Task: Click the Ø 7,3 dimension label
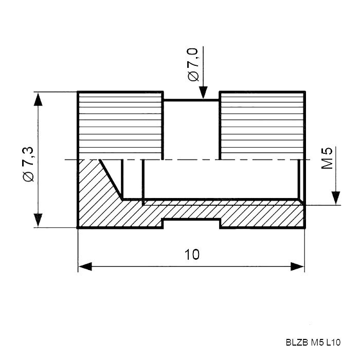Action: (x=29, y=164)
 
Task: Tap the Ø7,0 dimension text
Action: (x=193, y=64)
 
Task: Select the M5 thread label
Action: (x=327, y=158)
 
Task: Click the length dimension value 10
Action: (x=192, y=255)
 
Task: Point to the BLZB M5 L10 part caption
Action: (x=313, y=343)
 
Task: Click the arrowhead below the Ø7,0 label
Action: (x=203, y=92)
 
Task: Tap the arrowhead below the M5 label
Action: (x=336, y=198)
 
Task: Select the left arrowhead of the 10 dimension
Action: (x=85, y=266)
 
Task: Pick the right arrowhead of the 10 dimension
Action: (x=298, y=266)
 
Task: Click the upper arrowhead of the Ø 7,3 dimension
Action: (x=38, y=99)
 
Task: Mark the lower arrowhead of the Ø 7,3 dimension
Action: (x=38, y=220)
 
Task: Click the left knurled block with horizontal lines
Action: (x=120, y=125)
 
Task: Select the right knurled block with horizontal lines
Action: (x=262, y=125)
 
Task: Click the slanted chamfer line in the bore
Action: (x=111, y=179)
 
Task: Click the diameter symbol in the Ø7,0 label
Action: (x=193, y=76)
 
